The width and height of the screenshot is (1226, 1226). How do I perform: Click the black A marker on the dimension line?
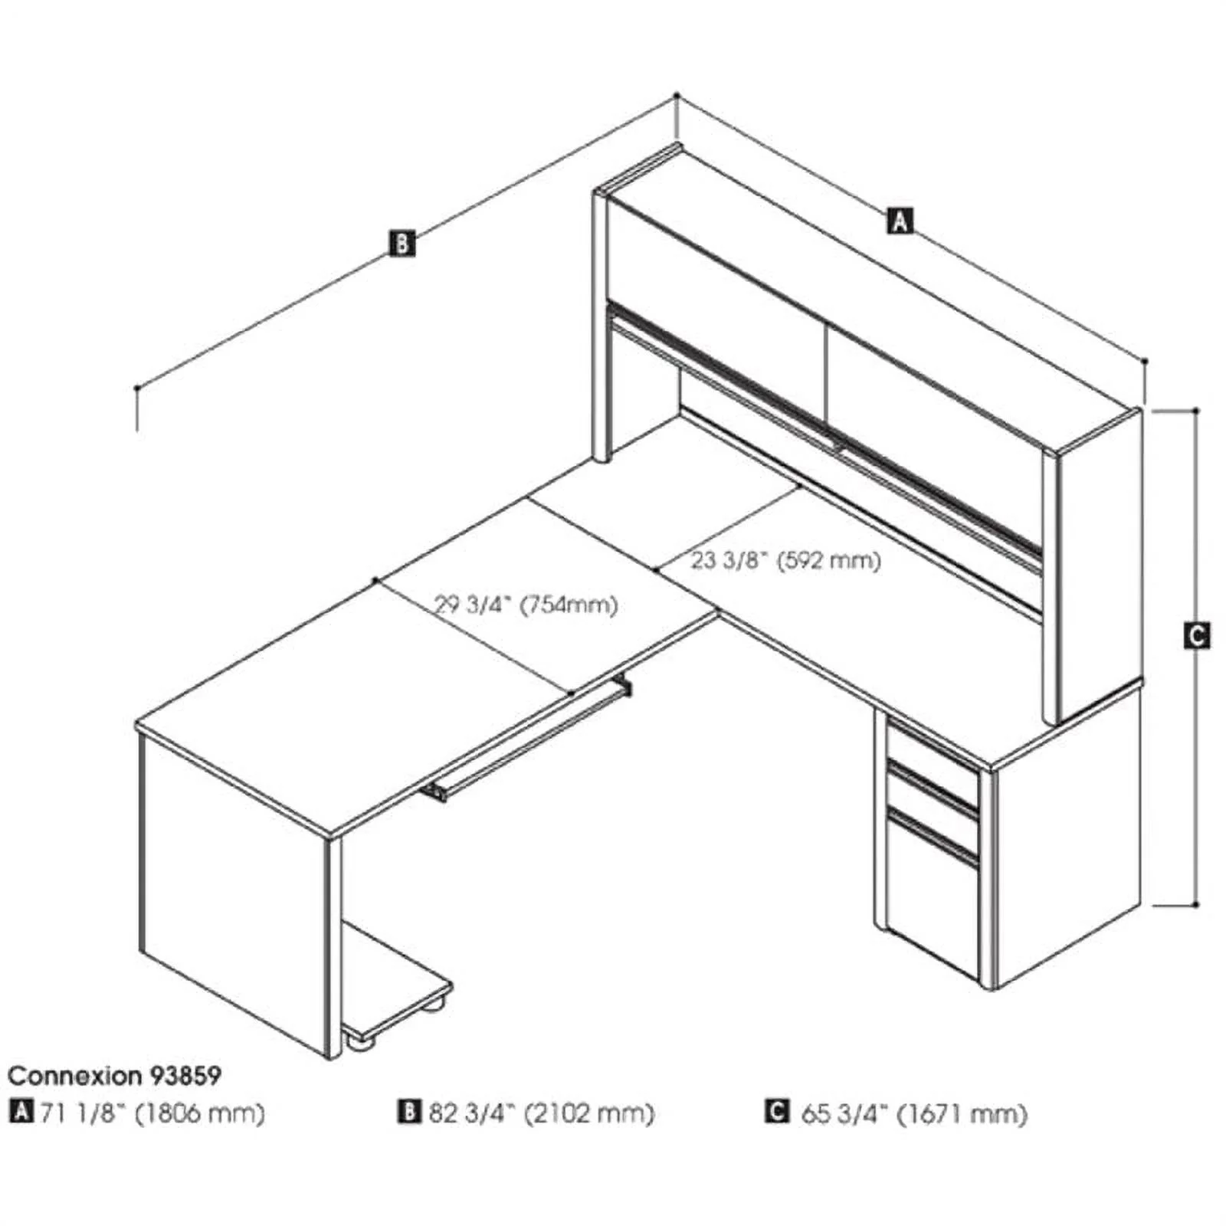[900, 220]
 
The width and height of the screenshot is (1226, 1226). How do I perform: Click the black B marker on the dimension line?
[402, 243]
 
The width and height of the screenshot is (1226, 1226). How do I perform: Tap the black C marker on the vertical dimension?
[1197, 635]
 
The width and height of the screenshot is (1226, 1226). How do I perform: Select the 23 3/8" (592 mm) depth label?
[786, 560]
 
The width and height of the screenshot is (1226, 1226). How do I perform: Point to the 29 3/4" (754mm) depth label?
[526, 605]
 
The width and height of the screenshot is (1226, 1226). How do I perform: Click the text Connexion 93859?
[114, 1076]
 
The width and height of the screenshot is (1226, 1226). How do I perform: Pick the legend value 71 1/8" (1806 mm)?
[152, 1113]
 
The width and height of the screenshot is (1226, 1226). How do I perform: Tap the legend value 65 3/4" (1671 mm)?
[914, 1113]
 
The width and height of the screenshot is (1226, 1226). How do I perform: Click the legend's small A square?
[21, 1111]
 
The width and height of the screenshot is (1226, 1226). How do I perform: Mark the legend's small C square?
[777, 1111]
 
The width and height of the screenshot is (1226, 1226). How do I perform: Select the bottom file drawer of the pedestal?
[933, 904]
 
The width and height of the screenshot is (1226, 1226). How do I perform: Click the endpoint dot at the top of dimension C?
[1196, 411]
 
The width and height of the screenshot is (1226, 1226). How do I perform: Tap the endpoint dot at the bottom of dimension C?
[1196, 905]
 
